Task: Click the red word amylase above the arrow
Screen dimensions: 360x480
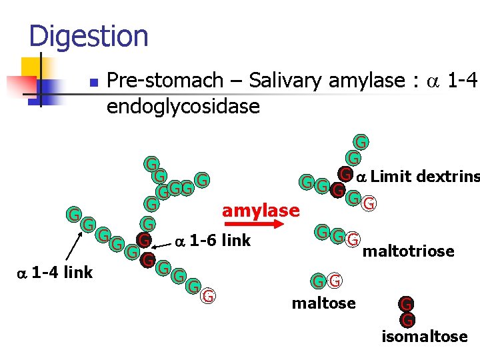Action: click(x=261, y=211)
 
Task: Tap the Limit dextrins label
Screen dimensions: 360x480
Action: click(x=425, y=176)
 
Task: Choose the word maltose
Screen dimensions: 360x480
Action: click(x=323, y=304)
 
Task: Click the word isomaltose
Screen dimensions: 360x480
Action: click(x=424, y=336)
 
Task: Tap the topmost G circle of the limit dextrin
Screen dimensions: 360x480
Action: click(x=360, y=142)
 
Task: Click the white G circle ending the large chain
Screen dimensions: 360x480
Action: click(x=209, y=296)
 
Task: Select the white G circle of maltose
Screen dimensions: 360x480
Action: click(x=335, y=281)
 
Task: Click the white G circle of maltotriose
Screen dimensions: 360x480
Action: click(x=353, y=237)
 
